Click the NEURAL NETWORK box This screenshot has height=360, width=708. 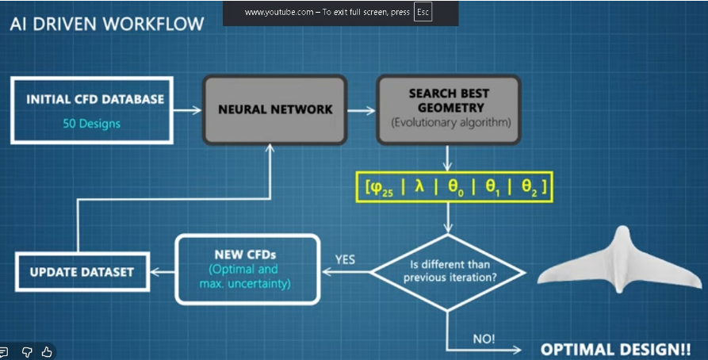pyautogui.click(x=275, y=109)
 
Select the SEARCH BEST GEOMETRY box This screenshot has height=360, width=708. pyautogui.click(x=447, y=109)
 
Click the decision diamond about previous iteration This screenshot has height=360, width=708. pyautogui.click(x=448, y=271)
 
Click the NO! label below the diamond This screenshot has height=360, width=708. pyautogui.click(x=484, y=339)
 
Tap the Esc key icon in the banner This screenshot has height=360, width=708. pyautogui.click(x=423, y=13)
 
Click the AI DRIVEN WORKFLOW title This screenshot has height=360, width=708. pyautogui.click(x=106, y=23)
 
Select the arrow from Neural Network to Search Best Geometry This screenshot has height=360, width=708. pyautogui.click(x=361, y=110)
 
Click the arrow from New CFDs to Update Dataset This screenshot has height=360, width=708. pyautogui.click(x=162, y=272)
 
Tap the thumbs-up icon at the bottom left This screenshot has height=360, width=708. pyautogui.click(x=46, y=351)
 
